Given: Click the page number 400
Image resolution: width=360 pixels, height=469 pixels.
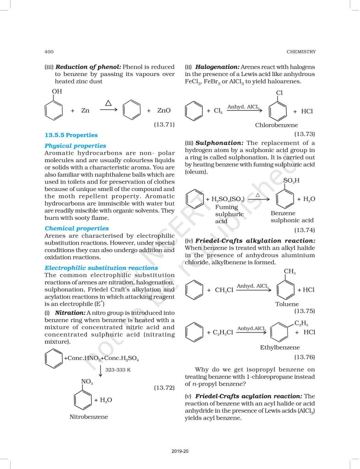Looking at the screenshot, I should coord(50,52).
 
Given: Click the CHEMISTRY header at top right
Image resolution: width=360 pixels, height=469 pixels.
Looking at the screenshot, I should coord(301,52).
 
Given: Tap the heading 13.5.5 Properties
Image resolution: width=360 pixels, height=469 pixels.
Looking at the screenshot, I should coord(71,135).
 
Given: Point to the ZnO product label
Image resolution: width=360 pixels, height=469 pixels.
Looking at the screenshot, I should coord(164,111).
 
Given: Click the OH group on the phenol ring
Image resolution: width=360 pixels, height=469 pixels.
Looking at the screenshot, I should coord(57,92).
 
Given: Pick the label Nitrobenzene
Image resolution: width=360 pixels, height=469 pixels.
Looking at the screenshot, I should coord(89,417).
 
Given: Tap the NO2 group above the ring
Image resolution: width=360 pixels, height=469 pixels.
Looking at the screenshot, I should coord(87,382).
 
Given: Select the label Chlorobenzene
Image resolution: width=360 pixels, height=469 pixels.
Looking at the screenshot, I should coord(276,125).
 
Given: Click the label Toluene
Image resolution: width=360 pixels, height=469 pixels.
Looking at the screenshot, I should coord(287,304).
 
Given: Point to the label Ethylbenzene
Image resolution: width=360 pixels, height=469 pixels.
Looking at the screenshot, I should coord(279,347).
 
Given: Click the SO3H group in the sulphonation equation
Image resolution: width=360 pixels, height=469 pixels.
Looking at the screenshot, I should coord(291,180).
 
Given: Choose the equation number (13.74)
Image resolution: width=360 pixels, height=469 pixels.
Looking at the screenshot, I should coord(304,230).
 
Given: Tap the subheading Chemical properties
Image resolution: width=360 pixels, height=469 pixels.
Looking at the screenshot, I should coord(76,228).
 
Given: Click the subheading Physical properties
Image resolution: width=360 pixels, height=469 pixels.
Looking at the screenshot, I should coord(75,146).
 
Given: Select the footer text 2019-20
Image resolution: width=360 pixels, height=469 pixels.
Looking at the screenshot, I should coord(180,452).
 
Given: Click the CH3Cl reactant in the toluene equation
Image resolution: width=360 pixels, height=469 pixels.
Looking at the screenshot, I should coord(224,290).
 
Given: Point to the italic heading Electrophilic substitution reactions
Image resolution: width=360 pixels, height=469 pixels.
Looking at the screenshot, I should coord(101,267).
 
